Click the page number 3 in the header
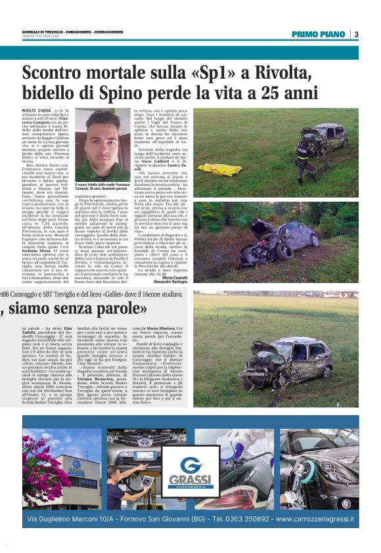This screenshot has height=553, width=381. coord(355,35)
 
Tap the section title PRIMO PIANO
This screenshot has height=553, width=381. coord(320,35)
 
